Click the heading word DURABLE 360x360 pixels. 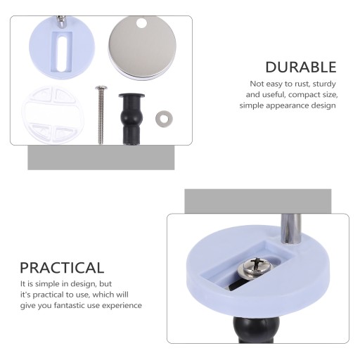(301, 67)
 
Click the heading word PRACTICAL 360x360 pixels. (62, 268)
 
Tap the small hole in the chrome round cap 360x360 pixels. (141, 23)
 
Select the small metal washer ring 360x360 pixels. (163, 118)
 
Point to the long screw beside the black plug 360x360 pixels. (101, 115)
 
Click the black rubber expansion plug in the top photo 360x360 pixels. (131, 119)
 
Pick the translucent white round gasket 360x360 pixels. (53, 115)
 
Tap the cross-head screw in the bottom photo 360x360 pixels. (256, 267)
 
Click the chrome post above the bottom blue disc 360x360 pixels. (291, 229)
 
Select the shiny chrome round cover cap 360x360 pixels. (142, 48)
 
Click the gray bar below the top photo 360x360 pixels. (101, 157)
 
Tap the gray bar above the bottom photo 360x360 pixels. (258, 201)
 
